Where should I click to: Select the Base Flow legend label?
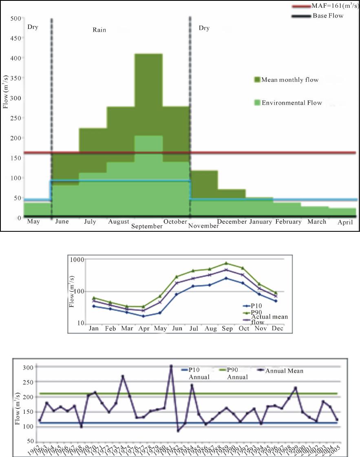[328, 16]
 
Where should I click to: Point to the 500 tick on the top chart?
[16, 19]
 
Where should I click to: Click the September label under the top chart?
[147, 226]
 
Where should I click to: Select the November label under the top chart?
[204, 226]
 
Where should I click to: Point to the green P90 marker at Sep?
[226, 264]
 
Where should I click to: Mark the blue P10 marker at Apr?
[143, 316]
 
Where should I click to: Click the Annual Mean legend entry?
[284, 371]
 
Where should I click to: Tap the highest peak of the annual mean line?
[171, 366]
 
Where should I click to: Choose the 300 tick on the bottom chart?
[28, 368]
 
